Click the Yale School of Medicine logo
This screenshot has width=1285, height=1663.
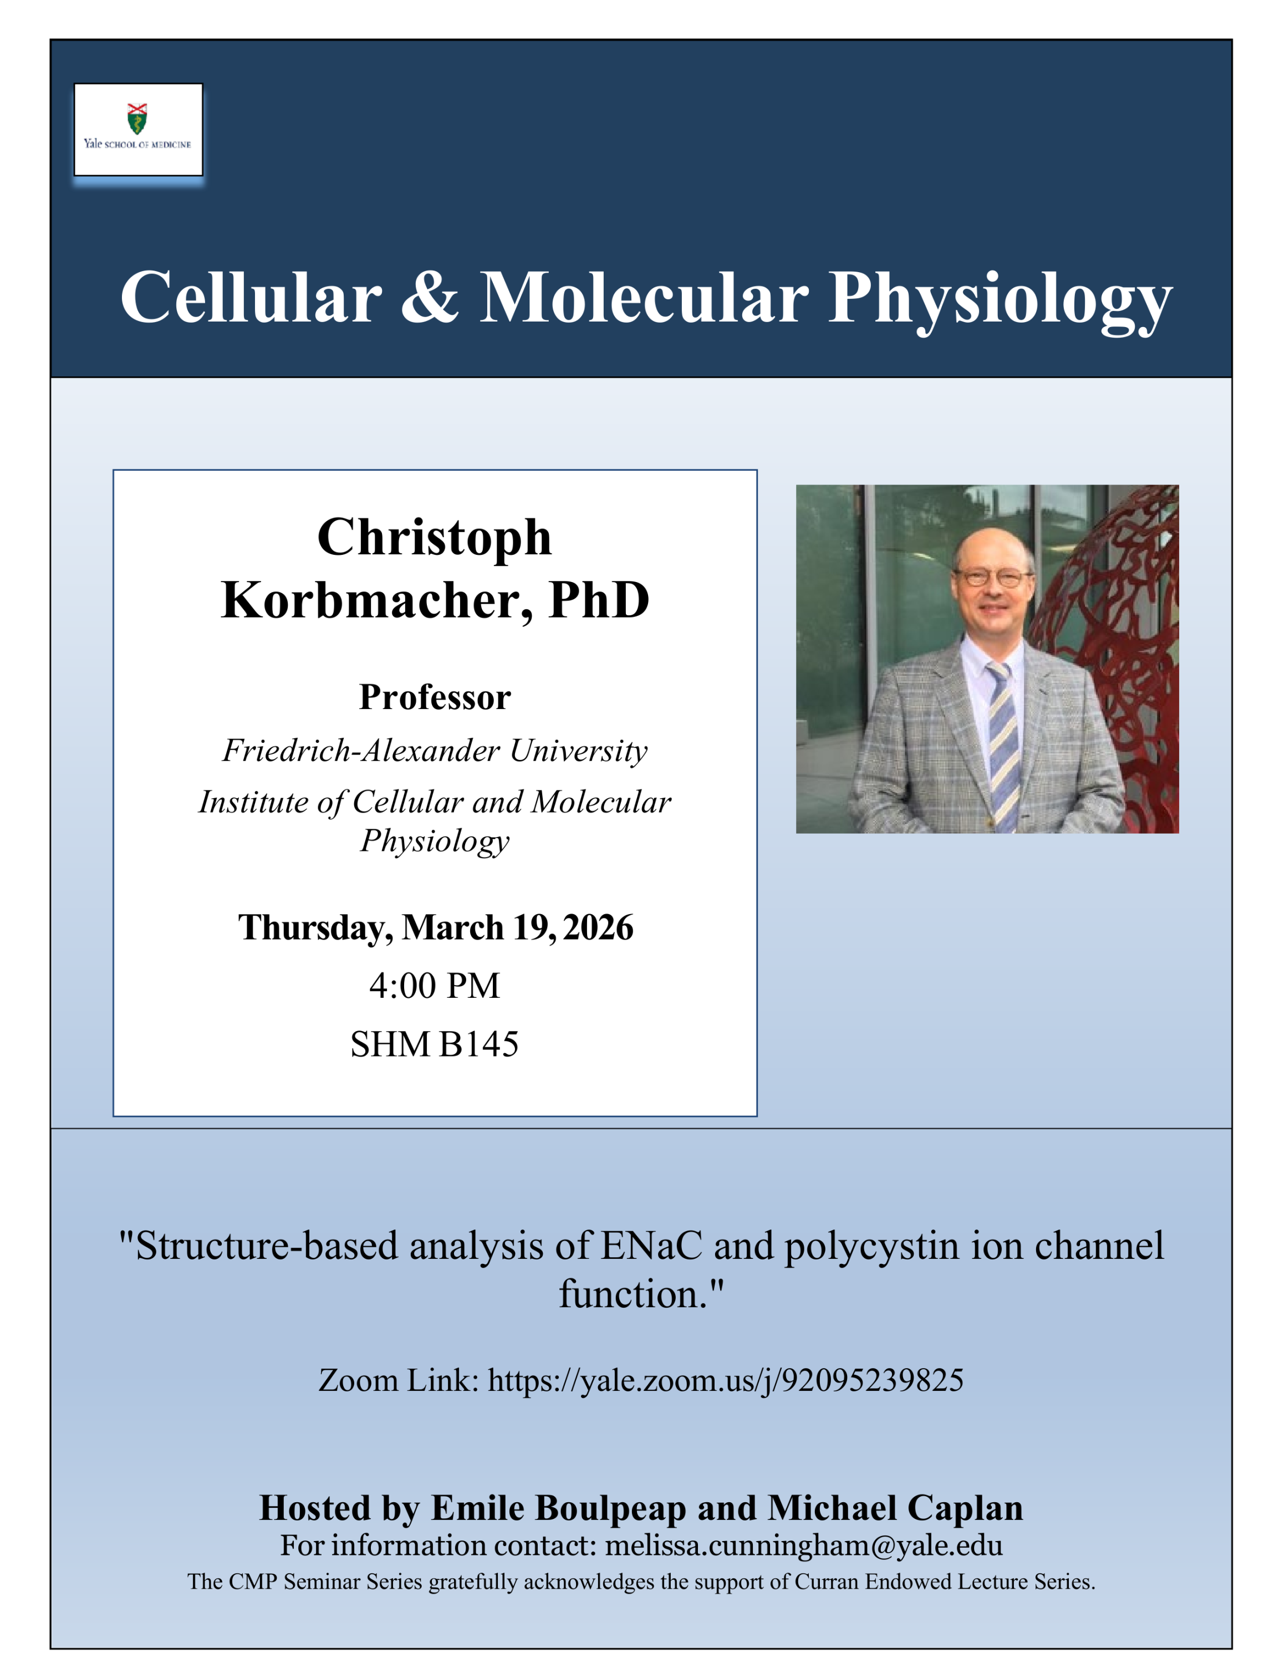pos(138,130)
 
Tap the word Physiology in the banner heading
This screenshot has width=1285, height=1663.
pos(1000,301)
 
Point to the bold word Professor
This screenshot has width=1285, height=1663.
pos(435,697)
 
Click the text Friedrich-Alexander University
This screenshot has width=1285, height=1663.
pos(435,751)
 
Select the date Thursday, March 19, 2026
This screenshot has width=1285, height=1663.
pos(435,927)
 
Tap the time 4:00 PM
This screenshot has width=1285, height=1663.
pos(435,985)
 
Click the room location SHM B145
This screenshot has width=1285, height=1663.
pos(435,1044)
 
